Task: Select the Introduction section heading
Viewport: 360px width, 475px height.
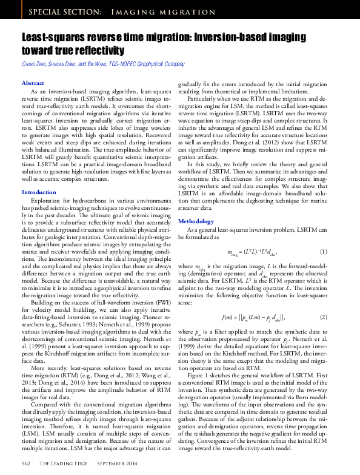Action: point(39,175)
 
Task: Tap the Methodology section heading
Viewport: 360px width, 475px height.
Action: point(196,221)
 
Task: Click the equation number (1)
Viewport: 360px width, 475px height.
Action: point(324,251)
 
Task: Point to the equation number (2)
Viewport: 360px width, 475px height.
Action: point(324,317)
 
